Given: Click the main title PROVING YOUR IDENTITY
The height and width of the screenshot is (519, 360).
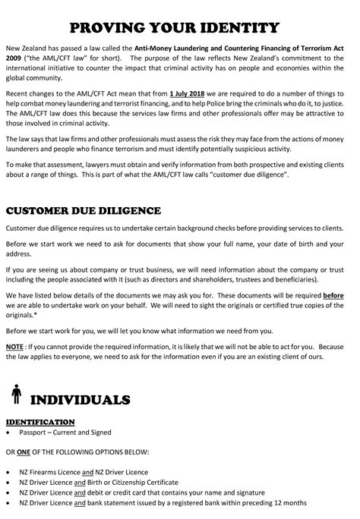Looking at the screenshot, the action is coord(180,29).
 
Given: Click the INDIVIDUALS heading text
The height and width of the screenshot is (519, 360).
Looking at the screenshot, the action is coord(81,398).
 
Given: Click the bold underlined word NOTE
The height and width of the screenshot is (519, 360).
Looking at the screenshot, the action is coord(14,347).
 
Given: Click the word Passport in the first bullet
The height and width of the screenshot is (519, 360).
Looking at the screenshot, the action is coord(35,432).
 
